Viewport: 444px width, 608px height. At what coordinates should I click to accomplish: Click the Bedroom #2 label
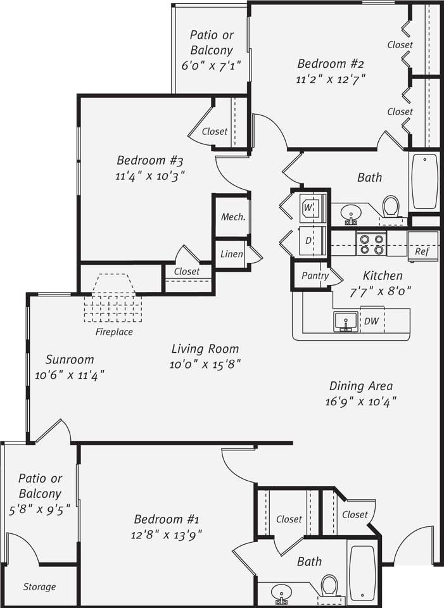coord(330,63)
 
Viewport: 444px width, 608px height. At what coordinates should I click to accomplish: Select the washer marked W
coord(311,207)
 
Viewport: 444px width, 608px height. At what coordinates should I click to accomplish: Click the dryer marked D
coord(310,241)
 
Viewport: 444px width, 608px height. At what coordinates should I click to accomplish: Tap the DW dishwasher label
coord(372,321)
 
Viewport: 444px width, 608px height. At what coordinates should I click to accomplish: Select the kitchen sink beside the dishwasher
coord(345,321)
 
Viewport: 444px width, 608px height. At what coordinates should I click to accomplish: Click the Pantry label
coord(315,276)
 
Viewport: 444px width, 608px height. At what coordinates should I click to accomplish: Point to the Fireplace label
coord(114,331)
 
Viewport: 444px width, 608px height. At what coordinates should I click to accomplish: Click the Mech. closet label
coord(232,217)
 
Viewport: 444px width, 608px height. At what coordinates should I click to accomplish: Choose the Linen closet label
coord(231,254)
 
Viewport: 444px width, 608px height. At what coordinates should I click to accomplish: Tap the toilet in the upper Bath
coord(391,206)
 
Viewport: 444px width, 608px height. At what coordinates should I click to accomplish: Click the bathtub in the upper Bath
coord(424,181)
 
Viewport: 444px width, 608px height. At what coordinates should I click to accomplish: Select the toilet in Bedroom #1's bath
coord(329,585)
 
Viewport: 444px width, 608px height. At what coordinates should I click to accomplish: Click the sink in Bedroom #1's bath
coord(281,593)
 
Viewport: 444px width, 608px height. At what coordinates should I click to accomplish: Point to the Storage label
coord(39,586)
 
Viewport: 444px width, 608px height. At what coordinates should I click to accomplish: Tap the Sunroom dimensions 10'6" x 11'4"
coord(69,375)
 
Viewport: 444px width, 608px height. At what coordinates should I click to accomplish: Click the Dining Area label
coord(361,386)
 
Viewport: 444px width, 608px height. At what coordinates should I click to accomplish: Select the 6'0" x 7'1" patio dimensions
coord(211,65)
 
